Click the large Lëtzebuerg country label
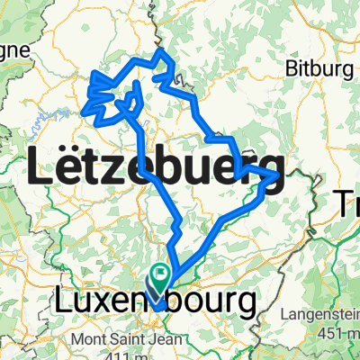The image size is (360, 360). (157, 168)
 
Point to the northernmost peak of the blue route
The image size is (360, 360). (163, 51)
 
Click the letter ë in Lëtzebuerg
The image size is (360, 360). (69, 168)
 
